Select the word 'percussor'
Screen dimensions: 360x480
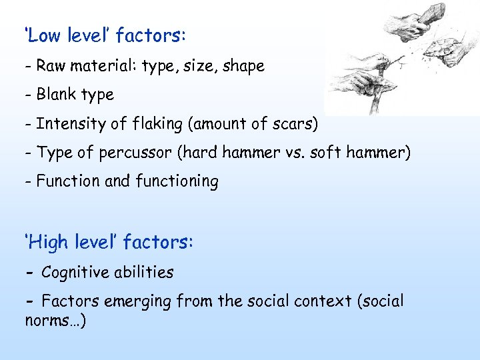(x=127, y=153)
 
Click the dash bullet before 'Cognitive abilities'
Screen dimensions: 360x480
(x=30, y=273)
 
